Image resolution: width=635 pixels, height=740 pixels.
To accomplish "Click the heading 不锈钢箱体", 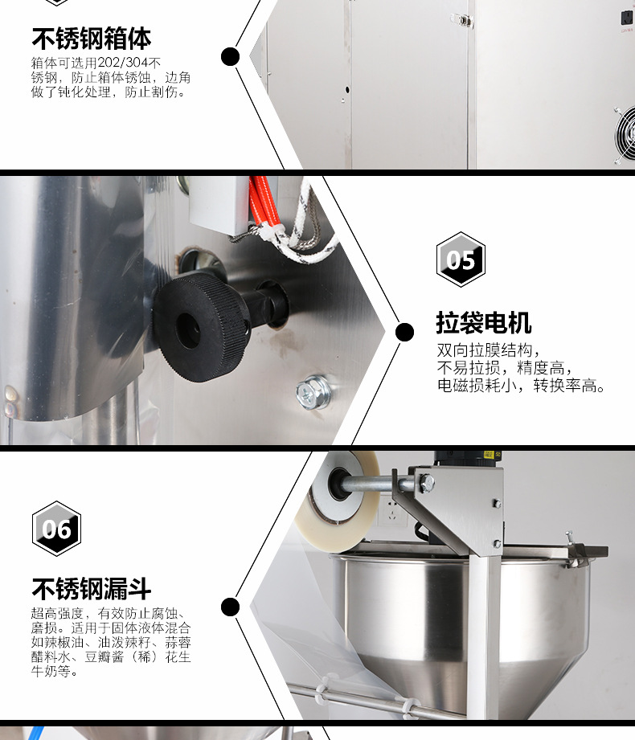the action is [92, 39].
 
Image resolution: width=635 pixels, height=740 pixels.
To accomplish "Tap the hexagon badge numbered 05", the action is [461, 260].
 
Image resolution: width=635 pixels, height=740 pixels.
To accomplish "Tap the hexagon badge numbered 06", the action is [56, 529].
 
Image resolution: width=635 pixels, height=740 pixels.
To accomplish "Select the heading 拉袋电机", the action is [483, 323].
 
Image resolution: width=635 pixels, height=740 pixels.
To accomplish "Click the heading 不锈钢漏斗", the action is [92, 588].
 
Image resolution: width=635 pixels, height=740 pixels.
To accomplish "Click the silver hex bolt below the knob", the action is [313, 391].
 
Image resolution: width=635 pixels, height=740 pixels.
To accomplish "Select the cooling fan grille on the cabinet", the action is [625, 135].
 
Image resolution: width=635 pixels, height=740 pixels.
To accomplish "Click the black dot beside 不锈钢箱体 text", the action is [230, 56].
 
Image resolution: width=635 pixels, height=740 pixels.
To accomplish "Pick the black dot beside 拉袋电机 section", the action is [404, 333].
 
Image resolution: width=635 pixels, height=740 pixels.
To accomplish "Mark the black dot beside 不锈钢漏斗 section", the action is [230, 607].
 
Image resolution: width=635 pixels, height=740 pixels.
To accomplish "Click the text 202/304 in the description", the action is [123, 63].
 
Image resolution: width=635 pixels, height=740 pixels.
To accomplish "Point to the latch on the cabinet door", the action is [461, 20].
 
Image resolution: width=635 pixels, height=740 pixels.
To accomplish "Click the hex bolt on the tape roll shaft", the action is [426, 483].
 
